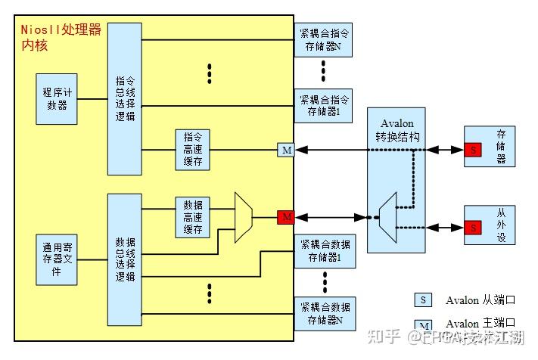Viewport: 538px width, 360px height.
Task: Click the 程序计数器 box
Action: click(x=57, y=98)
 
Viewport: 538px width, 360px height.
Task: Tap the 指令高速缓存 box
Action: click(x=192, y=150)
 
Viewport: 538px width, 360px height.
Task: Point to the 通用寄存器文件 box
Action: click(x=57, y=259)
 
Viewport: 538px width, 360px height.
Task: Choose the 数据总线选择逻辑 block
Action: click(x=124, y=259)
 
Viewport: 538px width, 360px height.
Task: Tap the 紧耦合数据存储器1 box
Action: click(x=325, y=250)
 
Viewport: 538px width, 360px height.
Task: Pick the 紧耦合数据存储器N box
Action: click(x=325, y=314)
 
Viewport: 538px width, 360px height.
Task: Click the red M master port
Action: click(x=285, y=218)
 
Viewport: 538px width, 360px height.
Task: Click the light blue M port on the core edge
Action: click(x=285, y=150)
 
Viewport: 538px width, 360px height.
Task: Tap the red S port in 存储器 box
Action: click(x=473, y=150)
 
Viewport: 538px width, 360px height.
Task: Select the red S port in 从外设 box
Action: click(x=473, y=228)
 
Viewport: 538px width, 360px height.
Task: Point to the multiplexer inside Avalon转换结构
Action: click(x=388, y=218)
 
